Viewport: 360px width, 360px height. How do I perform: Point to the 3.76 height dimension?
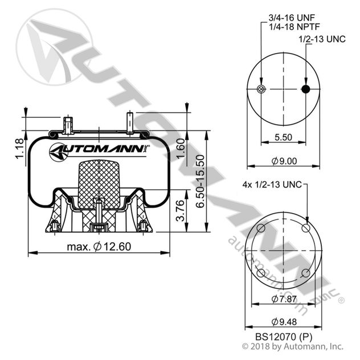pyautogui.click(x=181, y=211)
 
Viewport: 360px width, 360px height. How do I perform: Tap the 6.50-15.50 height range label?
pyautogui.click(x=200, y=181)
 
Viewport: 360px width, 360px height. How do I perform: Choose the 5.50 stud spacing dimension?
pyautogui.click(x=283, y=137)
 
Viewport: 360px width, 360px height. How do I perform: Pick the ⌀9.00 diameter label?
pyautogui.click(x=284, y=161)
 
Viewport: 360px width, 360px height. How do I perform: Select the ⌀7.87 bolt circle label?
pyautogui.click(x=283, y=298)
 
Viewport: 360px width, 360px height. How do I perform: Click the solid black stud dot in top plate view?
pyautogui.click(x=306, y=89)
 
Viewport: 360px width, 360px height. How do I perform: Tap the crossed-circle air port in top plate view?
pyautogui.click(x=261, y=89)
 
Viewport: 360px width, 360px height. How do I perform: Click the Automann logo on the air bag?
pyautogui.click(x=99, y=151)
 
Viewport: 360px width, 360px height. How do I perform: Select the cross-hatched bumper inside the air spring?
pyautogui.click(x=99, y=182)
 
